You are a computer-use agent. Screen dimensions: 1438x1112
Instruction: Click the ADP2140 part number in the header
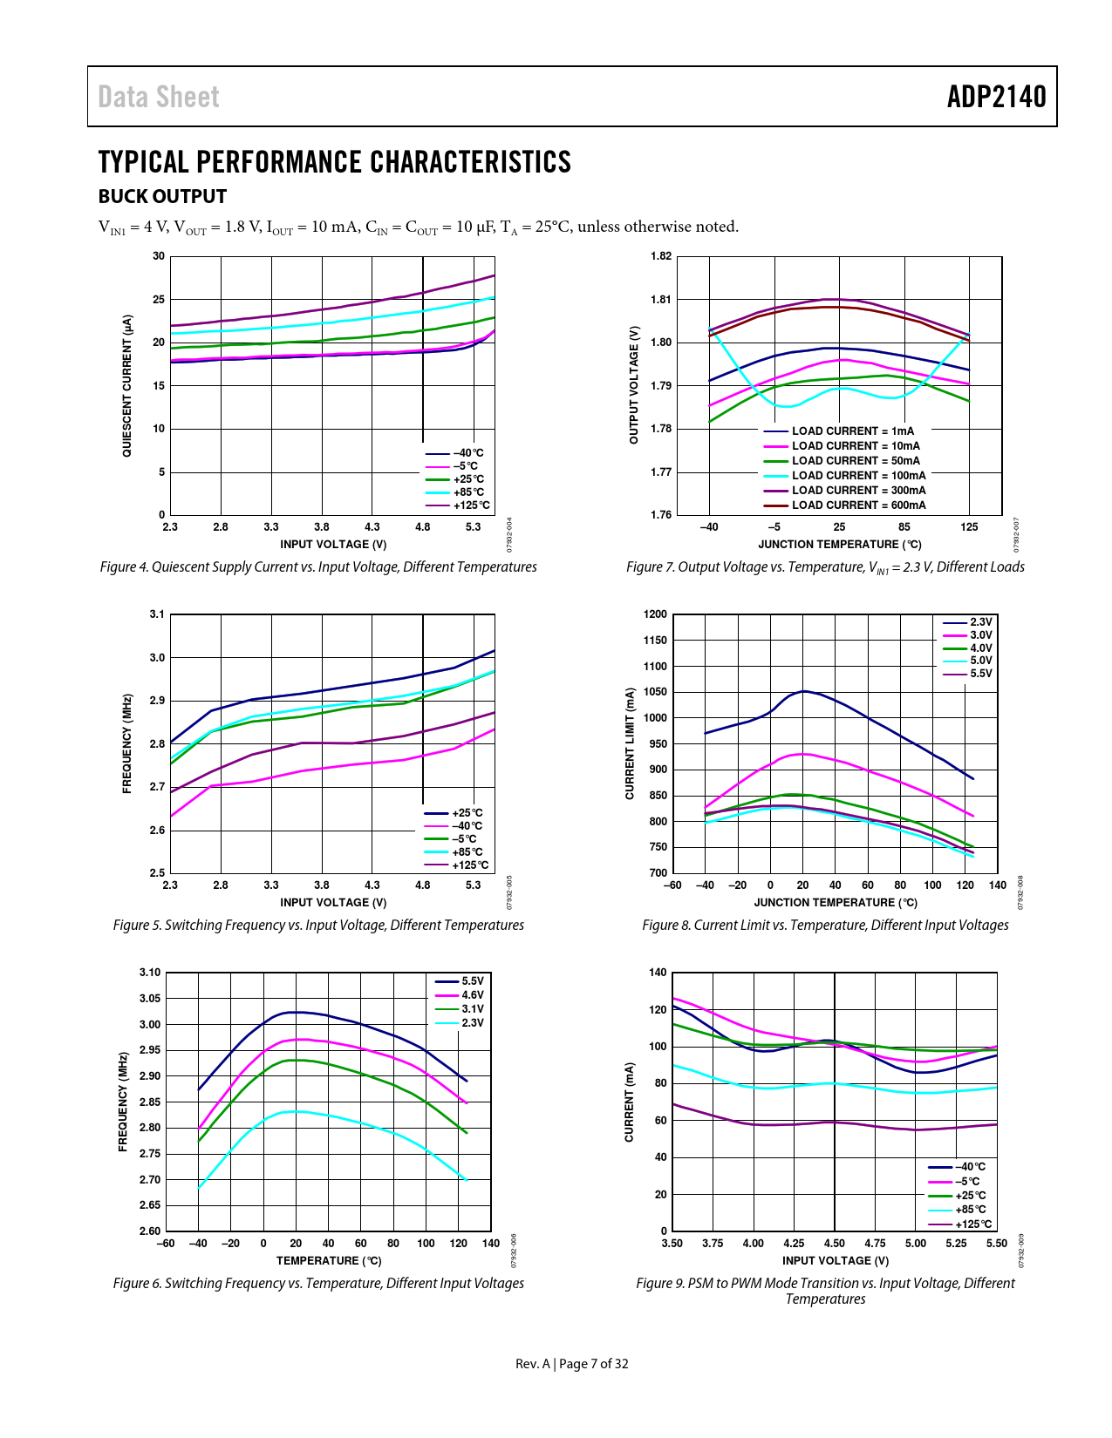(996, 97)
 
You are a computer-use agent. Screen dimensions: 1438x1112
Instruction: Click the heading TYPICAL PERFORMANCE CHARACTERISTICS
(334, 162)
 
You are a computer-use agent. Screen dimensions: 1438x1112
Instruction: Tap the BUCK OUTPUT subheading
(162, 197)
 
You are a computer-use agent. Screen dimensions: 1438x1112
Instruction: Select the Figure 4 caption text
(318, 567)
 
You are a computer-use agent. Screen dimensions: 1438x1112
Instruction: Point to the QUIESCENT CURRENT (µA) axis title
(127, 386)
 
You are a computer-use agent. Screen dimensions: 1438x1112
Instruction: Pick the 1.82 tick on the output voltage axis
(661, 256)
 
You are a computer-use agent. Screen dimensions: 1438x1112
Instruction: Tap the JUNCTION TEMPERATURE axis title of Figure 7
(839, 545)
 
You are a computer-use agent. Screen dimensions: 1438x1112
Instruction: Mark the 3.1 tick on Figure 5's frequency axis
(157, 614)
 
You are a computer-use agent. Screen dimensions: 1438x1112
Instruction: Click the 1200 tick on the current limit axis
(655, 614)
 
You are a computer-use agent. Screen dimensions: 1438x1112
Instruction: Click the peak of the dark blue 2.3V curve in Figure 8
(803, 691)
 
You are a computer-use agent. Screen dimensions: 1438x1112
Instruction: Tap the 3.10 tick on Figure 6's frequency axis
(150, 973)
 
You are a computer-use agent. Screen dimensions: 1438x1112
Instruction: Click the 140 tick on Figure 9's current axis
(658, 973)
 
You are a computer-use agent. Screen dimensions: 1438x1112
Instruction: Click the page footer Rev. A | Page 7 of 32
(571, 1364)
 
